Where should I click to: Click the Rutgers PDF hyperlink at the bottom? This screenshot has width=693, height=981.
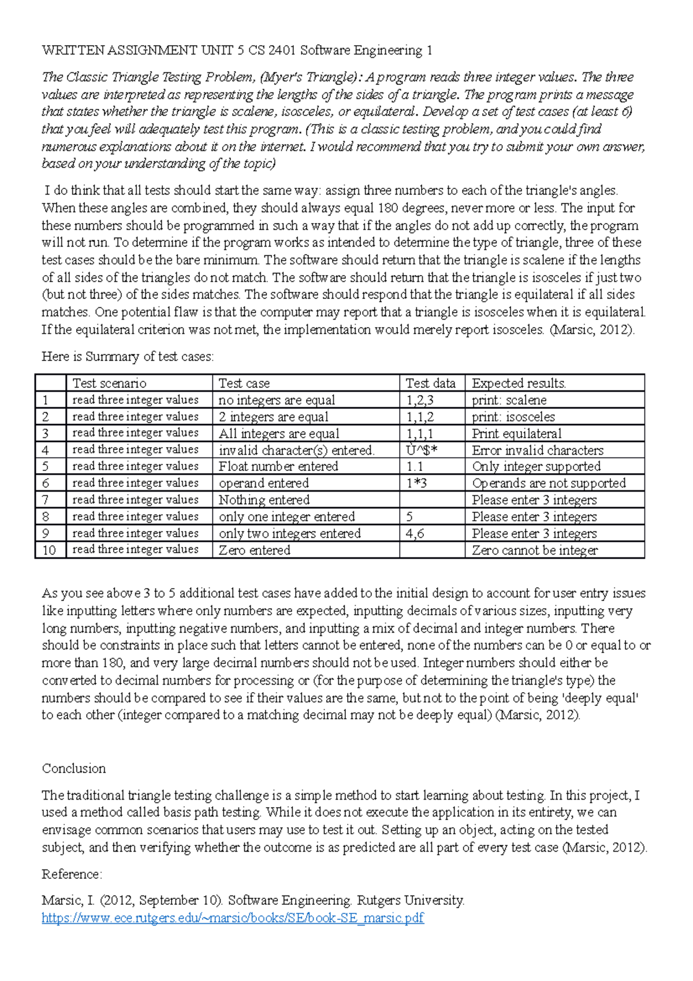tap(233, 917)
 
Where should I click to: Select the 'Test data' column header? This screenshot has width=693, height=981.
tap(430, 383)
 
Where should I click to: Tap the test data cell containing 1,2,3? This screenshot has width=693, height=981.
tap(420, 400)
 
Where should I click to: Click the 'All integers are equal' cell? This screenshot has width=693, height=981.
tap(279, 433)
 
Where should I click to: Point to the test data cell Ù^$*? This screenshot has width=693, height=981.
tap(422, 450)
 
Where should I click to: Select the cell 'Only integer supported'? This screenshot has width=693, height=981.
tap(536, 466)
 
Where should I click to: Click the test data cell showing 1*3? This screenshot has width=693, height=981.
tap(416, 483)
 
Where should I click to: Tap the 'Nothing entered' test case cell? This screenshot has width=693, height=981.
tap(264, 500)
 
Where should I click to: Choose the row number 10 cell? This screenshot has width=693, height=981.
tap(50, 550)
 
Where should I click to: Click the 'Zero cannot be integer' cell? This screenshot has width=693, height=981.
tap(535, 550)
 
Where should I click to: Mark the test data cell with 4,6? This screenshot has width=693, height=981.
tap(415, 533)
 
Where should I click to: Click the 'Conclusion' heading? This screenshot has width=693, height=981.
tap(74, 768)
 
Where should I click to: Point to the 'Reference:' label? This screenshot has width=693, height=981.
tap(72, 874)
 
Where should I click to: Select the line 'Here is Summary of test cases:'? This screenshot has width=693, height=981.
tap(128, 356)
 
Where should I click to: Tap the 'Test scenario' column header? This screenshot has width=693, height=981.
tap(110, 383)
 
